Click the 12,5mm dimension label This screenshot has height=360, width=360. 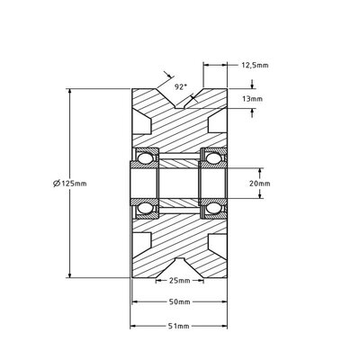click(256, 65)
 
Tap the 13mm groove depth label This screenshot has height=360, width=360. click(253, 98)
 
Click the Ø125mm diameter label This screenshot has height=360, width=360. click(70, 183)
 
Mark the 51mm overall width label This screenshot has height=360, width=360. click(181, 326)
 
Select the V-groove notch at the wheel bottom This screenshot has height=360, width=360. click(180, 267)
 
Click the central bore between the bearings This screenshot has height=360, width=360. click(181, 184)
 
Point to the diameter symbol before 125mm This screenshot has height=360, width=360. click(57, 183)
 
